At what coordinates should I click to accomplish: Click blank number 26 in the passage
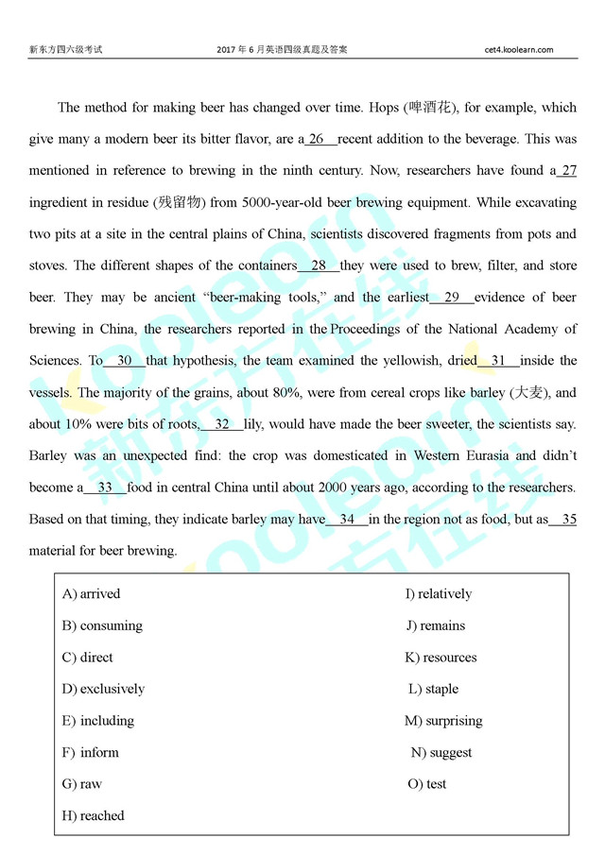coord(317,139)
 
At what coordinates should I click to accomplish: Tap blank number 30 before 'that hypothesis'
coord(125,360)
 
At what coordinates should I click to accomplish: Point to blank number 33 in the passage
coord(105,487)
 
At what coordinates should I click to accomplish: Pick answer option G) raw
coord(82,783)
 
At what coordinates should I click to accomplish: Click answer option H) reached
coord(93,815)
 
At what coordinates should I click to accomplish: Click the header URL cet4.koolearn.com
coord(518,49)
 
